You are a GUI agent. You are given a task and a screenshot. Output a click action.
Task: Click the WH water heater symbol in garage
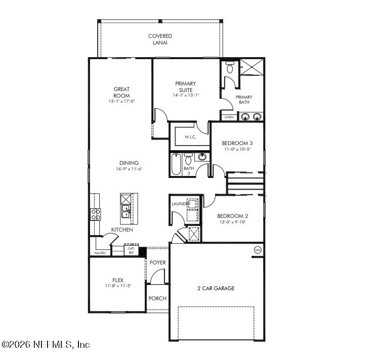[258, 250]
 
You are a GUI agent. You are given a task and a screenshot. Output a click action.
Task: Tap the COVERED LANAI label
[160, 39]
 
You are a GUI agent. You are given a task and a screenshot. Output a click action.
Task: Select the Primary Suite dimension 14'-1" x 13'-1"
[186, 95]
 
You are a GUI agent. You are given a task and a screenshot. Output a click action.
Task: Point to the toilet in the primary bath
[230, 67]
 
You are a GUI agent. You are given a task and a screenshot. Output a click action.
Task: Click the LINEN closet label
[229, 117]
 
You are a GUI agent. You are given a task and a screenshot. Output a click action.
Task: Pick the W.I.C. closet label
[190, 137]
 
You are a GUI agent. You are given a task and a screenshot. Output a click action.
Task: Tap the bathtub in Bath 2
[176, 164]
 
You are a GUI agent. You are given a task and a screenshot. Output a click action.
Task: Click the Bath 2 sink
[202, 157]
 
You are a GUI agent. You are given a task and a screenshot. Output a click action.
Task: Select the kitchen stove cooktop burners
[96, 214]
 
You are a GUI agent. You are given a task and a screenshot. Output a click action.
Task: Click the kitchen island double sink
[126, 211]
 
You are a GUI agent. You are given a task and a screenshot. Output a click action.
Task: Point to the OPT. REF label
[132, 250]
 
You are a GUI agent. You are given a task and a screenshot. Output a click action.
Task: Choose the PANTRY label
[100, 253]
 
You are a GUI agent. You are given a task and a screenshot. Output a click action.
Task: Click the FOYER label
[157, 262]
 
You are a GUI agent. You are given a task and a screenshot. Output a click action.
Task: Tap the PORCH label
[157, 298]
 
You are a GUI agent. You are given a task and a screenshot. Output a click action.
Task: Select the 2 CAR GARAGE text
[216, 288]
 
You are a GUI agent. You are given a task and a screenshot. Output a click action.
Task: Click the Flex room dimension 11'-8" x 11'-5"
[118, 286]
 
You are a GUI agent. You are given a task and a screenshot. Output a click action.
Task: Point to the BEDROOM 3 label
[237, 143]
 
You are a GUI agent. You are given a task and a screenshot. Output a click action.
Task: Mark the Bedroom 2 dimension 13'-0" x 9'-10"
[233, 222]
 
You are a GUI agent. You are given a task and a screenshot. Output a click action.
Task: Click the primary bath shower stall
[252, 67]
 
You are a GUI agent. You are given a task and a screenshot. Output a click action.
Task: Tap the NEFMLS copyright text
[46, 344]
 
